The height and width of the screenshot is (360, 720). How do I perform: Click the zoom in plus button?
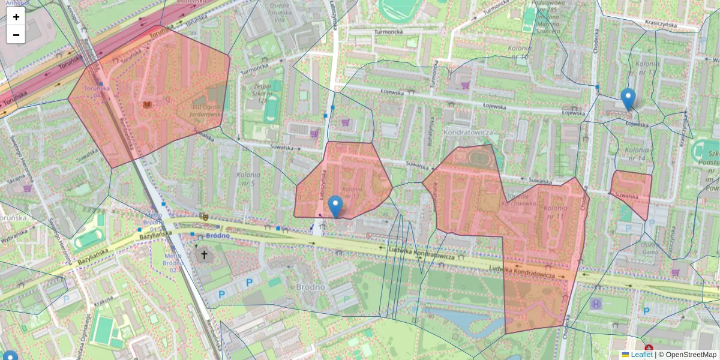tap(16, 17)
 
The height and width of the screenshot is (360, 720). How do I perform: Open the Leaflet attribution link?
tap(641, 355)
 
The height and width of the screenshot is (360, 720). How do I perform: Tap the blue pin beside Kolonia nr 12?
tap(336, 205)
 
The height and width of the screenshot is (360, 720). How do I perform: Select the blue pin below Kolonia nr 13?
tap(628, 99)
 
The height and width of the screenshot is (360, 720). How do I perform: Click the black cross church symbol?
tap(204, 255)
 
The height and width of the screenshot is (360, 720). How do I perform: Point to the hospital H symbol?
tap(596, 304)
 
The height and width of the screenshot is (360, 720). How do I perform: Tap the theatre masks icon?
tap(203, 215)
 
